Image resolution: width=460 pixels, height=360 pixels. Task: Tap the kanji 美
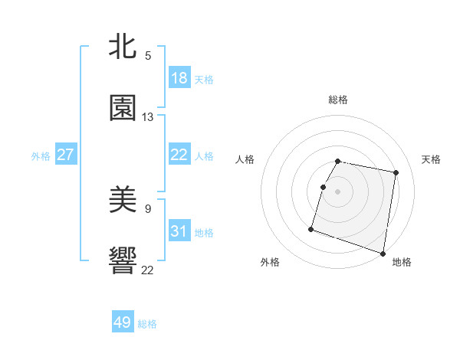[x=123, y=201]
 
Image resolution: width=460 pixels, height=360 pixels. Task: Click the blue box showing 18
[x=179, y=78]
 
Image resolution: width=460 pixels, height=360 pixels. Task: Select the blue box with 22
[x=179, y=155]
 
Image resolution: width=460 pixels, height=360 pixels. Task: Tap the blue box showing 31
[x=179, y=231]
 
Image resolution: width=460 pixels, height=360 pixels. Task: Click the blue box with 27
[x=65, y=155]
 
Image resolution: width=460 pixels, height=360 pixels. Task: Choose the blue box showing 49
[x=123, y=322]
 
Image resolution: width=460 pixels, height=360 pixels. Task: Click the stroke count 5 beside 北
[x=148, y=56]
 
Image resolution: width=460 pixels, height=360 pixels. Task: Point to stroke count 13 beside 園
[x=148, y=117]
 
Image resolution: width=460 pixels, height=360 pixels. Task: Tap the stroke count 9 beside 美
[x=148, y=208]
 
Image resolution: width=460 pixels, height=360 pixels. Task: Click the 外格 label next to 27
[x=41, y=155]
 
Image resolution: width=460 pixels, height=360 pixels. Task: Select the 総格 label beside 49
[x=147, y=324]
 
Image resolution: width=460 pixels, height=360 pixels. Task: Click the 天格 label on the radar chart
[x=432, y=159]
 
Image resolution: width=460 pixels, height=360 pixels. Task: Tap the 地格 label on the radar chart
[x=402, y=262]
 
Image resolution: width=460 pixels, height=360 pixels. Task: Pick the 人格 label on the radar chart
[x=245, y=159]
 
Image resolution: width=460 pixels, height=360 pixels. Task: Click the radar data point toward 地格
[x=383, y=253]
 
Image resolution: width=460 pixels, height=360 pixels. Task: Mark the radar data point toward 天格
[x=396, y=173]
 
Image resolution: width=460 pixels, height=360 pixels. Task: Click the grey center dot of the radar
[x=338, y=191]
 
